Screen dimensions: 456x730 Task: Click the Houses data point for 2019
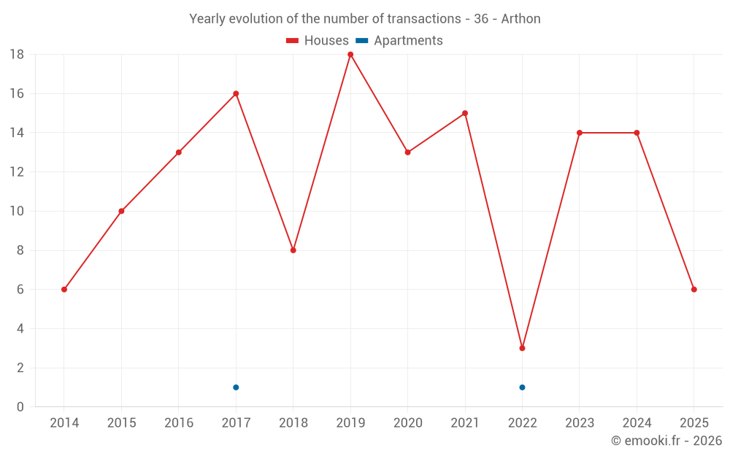[x=350, y=55]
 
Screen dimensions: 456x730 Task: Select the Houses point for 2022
[x=522, y=348]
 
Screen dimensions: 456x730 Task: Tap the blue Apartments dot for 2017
[x=236, y=387]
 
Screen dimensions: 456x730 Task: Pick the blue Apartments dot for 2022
[x=522, y=387]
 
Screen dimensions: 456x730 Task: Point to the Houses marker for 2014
[x=64, y=290]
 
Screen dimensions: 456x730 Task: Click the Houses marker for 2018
[x=293, y=250]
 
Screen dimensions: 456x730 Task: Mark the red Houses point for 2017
[x=236, y=93]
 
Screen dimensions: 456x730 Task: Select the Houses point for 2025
[x=693, y=290]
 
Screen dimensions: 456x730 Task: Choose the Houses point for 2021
[x=465, y=113]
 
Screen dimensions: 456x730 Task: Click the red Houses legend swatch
[x=293, y=41]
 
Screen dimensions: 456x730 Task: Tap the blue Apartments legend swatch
[x=361, y=41]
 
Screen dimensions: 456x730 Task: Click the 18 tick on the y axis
[x=17, y=55]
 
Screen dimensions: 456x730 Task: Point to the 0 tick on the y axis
[x=20, y=407]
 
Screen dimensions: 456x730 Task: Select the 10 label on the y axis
[x=17, y=212]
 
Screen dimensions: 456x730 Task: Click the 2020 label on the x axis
[x=407, y=423]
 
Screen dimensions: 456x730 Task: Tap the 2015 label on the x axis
[x=121, y=423]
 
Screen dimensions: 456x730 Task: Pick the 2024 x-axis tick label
[x=637, y=423]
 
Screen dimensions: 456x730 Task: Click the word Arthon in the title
[x=520, y=19]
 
